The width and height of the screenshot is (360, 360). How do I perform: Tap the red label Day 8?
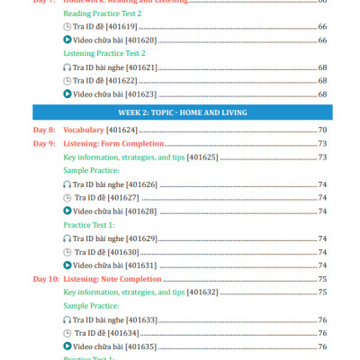[45, 130]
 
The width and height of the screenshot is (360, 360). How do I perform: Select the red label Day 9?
[45, 144]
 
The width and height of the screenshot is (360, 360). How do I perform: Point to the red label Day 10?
[47, 279]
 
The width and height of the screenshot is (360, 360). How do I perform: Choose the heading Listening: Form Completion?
[113, 144]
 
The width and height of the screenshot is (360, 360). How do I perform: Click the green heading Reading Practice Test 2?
[103, 13]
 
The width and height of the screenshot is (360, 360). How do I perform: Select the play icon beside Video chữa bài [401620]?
[67, 40]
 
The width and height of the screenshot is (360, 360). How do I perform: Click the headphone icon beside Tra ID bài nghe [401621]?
[67, 67]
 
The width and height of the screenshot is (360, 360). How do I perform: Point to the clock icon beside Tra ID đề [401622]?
[67, 81]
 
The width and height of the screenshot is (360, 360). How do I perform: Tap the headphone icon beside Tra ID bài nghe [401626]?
[67, 184]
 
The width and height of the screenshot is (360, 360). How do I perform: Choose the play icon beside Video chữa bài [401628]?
[67, 211]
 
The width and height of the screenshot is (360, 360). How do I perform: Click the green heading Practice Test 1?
[89, 225]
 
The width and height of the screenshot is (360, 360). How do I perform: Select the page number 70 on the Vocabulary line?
[321, 130]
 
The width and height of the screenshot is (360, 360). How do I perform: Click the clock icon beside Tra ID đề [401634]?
[67, 333]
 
